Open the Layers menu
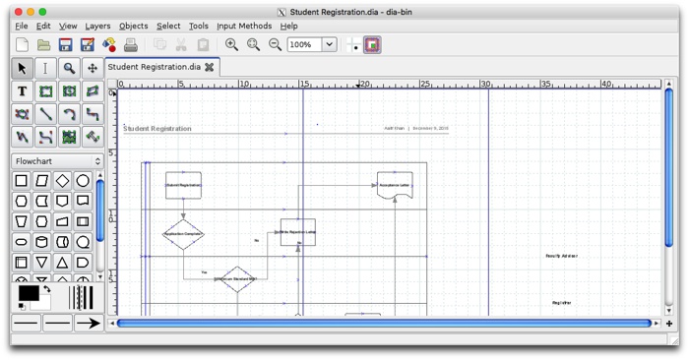[x=97, y=26]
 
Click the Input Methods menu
[x=244, y=26]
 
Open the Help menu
[x=288, y=26]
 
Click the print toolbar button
[x=131, y=44]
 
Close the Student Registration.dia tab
[x=209, y=67]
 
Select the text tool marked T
[x=22, y=91]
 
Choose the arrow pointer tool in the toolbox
[x=22, y=68]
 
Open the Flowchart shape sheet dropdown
[x=57, y=161]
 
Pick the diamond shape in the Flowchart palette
[x=62, y=181]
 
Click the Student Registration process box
[x=183, y=185]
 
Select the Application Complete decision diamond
[x=183, y=234]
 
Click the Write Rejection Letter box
[x=297, y=232]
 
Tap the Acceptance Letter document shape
[x=394, y=185]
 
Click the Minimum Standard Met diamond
[x=236, y=279]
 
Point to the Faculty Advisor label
[x=561, y=256]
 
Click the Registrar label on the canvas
[x=561, y=302]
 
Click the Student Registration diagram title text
[x=157, y=129]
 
